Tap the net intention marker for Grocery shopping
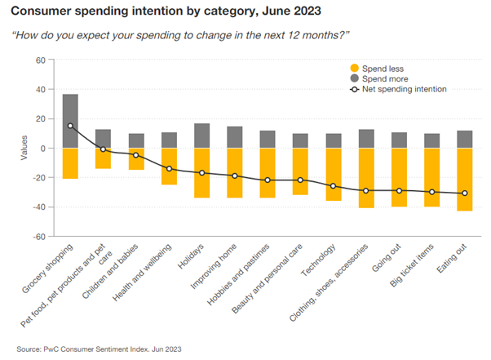71,126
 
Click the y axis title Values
25,149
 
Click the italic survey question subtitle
179,37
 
